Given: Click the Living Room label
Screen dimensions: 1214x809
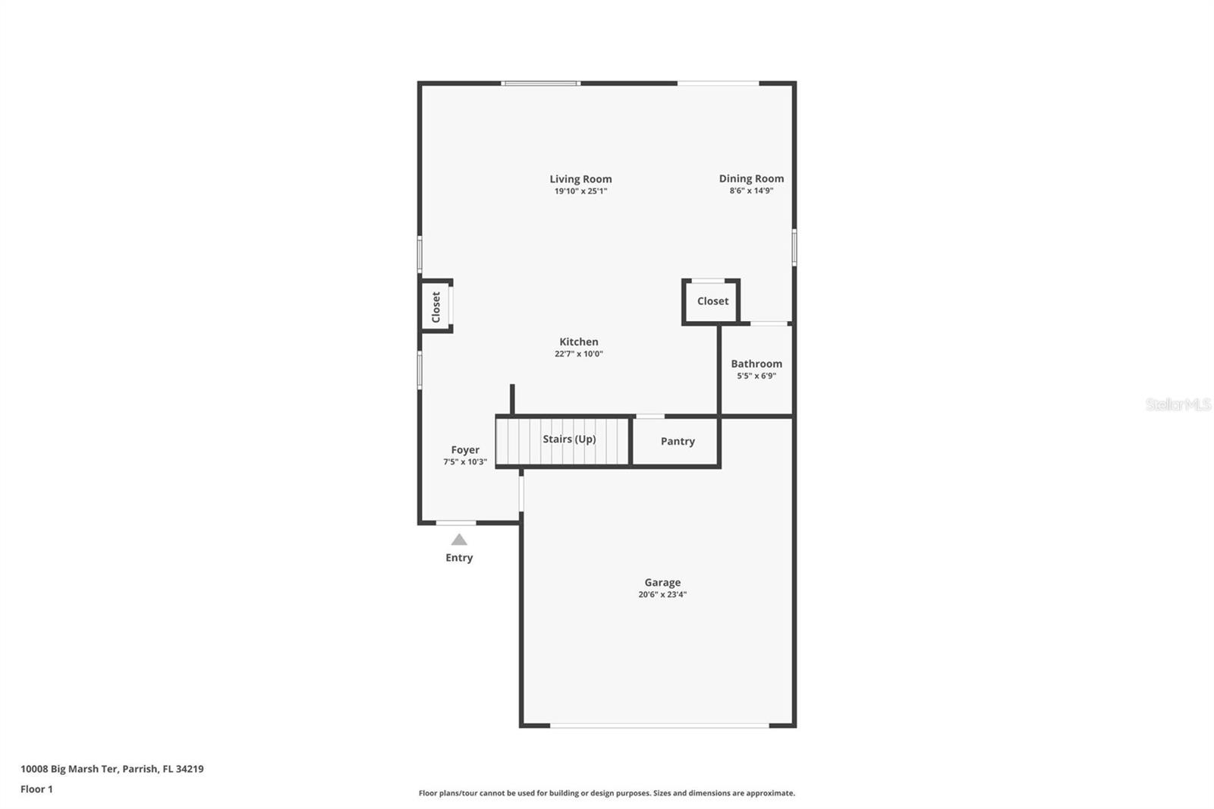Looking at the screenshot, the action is (x=580, y=179).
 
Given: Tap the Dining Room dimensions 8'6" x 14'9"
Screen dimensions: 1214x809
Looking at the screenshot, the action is (x=751, y=190).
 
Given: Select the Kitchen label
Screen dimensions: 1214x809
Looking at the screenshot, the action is (x=579, y=342).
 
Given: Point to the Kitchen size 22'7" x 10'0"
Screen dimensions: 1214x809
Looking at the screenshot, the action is (x=579, y=354).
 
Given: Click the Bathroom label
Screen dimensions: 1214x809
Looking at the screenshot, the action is (x=756, y=364).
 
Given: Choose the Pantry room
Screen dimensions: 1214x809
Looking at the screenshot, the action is (x=675, y=442).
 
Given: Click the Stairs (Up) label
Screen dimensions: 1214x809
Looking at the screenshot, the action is (x=569, y=439).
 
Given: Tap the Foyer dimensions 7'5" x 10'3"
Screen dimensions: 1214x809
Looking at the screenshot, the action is (x=465, y=462).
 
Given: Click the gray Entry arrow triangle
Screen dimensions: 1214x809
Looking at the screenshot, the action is (x=459, y=540).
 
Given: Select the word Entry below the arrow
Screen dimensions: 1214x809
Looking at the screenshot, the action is (x=459, y=558).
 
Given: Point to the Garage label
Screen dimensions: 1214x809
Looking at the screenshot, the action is (x=662, y=583).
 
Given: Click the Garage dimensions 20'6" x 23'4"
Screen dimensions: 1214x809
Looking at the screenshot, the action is (x=662, y=595).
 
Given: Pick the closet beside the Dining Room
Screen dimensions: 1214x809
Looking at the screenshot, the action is (x=711, y=301).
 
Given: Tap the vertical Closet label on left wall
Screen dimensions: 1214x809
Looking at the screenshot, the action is (x=436, y=307).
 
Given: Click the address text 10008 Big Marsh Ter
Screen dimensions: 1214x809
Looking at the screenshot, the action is (x=69, y=769).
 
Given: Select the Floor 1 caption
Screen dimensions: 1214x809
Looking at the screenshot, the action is (x=37, y=789).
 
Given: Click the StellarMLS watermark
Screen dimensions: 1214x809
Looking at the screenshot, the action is (x=1178, y=404).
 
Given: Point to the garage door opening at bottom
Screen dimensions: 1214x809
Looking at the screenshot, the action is (x=659, y=725).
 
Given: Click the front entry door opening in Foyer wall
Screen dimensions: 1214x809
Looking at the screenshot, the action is (x=456, y=523).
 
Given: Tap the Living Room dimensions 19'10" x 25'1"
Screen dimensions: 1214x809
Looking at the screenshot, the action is (x=580, y=191).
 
